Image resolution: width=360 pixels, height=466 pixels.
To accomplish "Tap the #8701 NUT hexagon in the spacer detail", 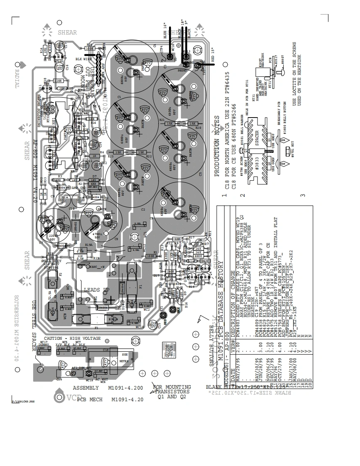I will click(x=287, y=158).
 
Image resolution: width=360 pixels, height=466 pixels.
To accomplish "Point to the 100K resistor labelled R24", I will click(x=90, y=49).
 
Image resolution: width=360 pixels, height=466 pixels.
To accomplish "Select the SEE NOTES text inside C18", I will click(x=125, y=358).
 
